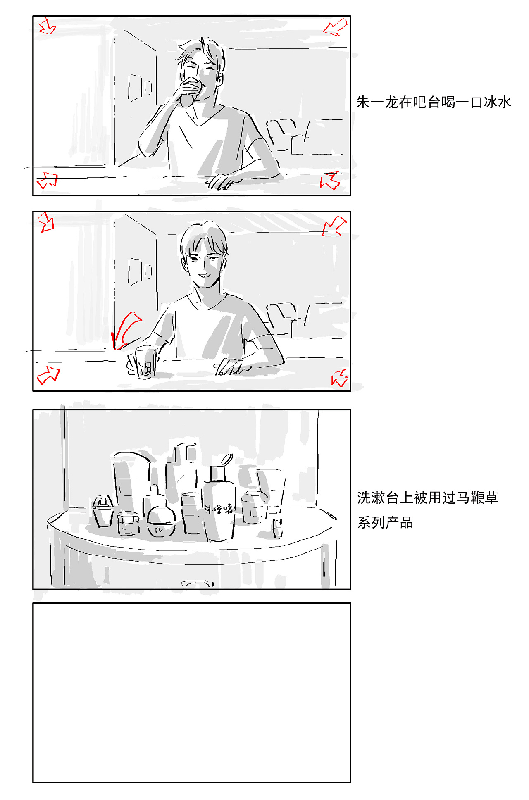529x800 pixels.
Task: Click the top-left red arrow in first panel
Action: (47, 26)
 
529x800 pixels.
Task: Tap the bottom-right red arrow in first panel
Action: (330, 181)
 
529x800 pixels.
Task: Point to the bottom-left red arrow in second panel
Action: (48, 375)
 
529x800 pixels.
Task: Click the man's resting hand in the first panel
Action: (223, 181)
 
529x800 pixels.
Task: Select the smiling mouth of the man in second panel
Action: (203, 275)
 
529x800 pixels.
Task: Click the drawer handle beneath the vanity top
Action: (198, 583)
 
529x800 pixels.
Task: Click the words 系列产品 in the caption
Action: (385, 523)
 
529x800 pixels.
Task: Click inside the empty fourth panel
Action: (191, 693)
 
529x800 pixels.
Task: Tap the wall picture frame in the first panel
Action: (139, 87)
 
